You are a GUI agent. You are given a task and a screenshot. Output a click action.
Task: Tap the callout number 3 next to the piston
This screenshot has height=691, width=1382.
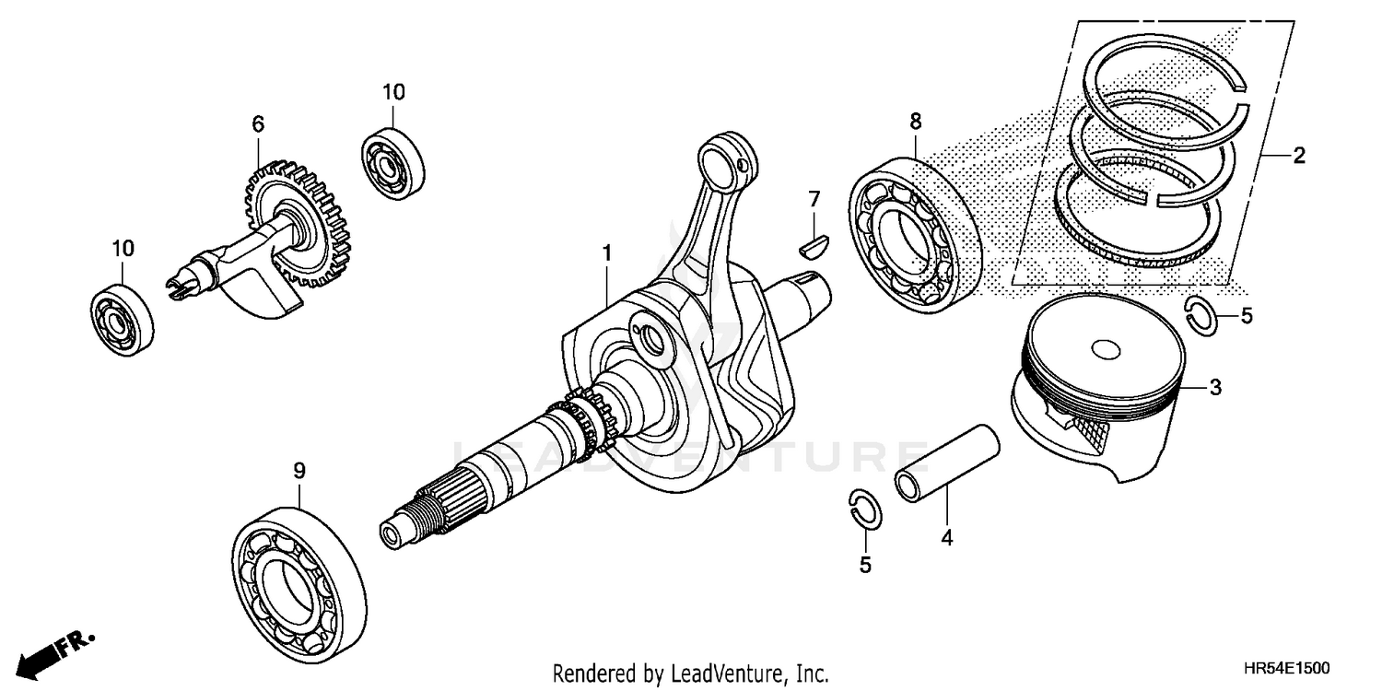1215,388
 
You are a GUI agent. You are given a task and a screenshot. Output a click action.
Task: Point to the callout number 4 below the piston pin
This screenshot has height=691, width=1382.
946,537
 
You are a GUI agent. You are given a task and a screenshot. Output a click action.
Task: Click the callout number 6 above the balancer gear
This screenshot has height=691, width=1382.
257,123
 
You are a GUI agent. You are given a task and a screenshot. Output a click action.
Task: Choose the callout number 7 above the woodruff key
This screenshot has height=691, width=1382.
814,198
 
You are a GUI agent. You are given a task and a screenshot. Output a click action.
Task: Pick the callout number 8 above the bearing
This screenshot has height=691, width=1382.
915,121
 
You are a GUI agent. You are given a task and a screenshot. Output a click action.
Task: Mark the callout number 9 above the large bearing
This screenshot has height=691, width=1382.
299,471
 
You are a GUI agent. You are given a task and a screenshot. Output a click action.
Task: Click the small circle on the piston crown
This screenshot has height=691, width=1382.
1104,350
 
